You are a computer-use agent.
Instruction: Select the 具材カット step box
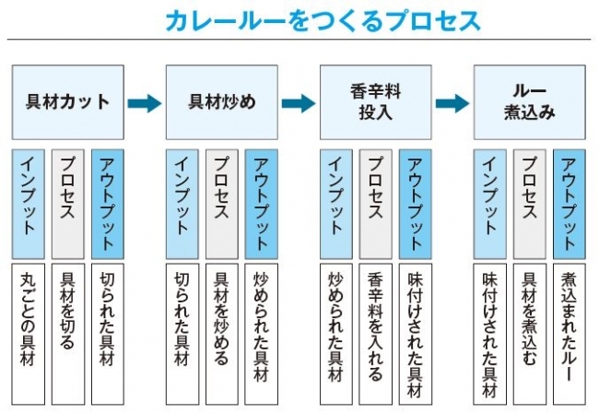(68, 102)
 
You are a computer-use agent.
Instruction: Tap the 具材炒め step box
(222, 102)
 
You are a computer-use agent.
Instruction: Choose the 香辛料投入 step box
(374, 102)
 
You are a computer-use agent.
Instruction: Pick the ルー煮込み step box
(528, 102)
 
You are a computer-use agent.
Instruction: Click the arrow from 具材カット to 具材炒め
(145, 102)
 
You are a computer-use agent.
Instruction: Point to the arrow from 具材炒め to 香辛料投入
(299, 102)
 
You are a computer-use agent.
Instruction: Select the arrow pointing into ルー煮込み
(452, 102)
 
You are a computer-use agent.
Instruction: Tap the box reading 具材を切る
(67, 333)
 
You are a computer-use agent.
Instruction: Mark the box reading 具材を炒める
(221, 333)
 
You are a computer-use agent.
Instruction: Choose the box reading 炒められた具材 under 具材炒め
(261, 333)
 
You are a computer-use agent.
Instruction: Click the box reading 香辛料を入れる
(375, 333)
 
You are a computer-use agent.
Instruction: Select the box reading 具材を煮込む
(529, 333)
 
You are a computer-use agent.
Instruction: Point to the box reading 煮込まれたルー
(569, 333)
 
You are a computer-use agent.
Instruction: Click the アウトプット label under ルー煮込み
(569, 202)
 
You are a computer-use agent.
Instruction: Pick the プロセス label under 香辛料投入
(375, 202)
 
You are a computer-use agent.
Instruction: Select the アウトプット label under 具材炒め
(261, 202)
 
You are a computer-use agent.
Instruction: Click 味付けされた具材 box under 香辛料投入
(415, 333)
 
